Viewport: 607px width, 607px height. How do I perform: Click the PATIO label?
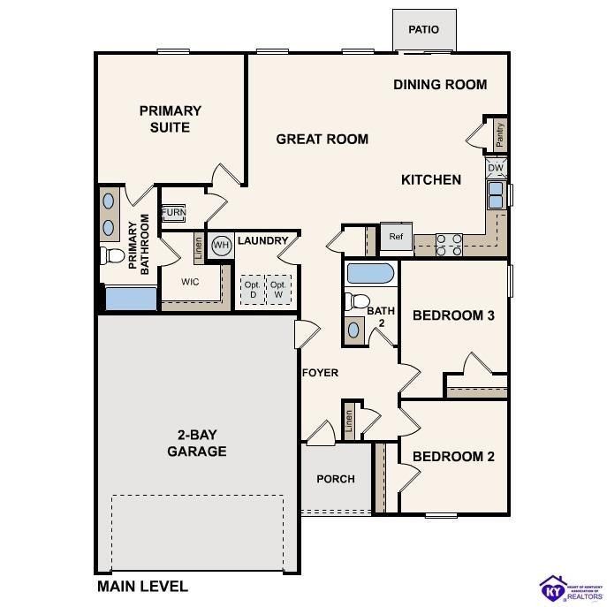point(423,30)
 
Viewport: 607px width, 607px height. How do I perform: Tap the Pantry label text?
point(499,135)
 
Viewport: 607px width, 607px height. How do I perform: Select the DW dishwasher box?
point(496,167)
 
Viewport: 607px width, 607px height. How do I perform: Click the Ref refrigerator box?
point(396,236)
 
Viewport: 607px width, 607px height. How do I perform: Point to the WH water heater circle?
point(221,245)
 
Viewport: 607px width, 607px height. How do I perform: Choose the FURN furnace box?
point(172,214)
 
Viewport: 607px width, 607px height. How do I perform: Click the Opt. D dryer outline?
point(252,290)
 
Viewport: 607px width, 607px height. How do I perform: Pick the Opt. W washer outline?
point(278,290)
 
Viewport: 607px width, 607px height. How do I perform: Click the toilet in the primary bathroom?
point(112,256)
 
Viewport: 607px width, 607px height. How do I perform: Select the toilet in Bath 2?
point(356,300)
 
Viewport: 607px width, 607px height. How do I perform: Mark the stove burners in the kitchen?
point(449,243)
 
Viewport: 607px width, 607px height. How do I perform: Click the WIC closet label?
point(190,283)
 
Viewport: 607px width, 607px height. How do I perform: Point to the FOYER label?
point(320,373)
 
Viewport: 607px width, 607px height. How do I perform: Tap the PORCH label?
point(336,479)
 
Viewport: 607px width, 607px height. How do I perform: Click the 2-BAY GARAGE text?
point(197,444)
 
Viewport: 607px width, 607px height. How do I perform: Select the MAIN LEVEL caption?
point(141,586)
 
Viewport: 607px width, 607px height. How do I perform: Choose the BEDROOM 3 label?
point(453,315)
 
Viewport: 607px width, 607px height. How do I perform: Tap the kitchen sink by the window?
point(496,194)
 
